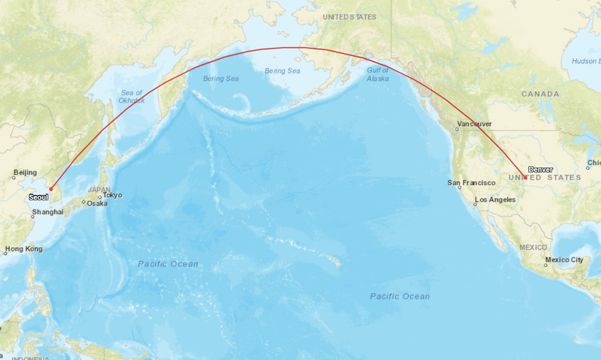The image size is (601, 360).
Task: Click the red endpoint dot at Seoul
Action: tap(51, 189)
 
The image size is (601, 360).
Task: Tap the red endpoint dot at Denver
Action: tap(525, 177)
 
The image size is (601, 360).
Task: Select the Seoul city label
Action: tap(39, 197)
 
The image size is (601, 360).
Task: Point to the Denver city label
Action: tap(541, 169)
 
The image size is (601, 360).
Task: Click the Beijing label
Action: tap(25, 173)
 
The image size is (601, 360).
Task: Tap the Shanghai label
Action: tap(48, 213)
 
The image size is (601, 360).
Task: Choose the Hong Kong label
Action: tap(24, 249)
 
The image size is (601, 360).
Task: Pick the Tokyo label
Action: tap(112, 195)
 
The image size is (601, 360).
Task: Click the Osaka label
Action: tap(97, 203)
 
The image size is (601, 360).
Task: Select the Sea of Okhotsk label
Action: tap(133, 96)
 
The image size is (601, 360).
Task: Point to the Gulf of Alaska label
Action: tap(378, 74)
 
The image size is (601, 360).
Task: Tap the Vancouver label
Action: tap(474, 125)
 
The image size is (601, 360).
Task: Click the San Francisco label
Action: tap(471, 182)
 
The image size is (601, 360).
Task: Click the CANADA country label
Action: tap(540, 94)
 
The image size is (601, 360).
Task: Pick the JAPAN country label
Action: tap(100, 189)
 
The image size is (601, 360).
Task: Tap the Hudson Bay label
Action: tap(585, 61)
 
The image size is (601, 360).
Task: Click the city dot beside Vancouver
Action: tap(457, 129)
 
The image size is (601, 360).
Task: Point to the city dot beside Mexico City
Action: tap(546, 265)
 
